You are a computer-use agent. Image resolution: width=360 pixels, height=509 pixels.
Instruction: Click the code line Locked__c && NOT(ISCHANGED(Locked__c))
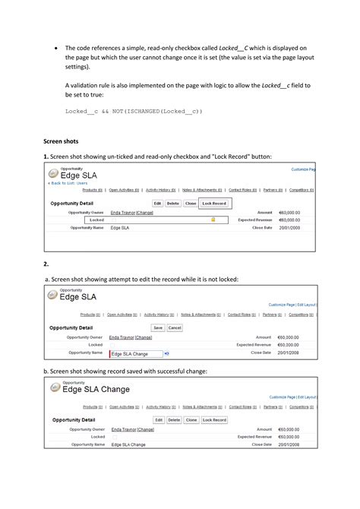[134, 112]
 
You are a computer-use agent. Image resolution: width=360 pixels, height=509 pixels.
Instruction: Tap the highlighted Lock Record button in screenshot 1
[214, 204]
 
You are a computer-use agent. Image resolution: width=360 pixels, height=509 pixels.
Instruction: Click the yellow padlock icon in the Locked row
[213, 220]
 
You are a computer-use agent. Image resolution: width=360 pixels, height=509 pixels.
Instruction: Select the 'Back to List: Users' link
[69, 183]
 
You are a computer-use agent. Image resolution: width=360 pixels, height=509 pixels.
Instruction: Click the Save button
[158, 328]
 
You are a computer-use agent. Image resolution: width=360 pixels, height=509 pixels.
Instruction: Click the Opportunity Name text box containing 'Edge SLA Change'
[136, 353]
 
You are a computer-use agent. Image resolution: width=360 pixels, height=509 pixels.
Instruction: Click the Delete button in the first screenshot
[173, 204]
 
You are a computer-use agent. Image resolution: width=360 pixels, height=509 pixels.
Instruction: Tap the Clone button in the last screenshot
[191, 419]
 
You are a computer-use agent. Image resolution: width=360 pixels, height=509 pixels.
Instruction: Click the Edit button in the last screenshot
[158, 419]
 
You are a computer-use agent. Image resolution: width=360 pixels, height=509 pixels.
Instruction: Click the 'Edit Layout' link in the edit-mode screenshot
[306, 305]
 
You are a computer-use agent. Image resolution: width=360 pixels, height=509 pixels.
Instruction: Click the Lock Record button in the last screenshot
[214, 419]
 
